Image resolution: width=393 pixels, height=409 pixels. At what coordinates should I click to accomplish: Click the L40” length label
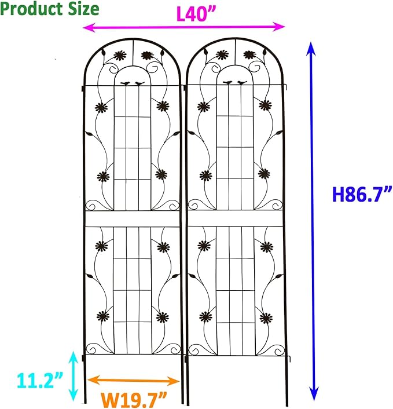pos(193,14)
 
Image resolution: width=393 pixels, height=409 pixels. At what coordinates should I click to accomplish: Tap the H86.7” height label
pos(362,194)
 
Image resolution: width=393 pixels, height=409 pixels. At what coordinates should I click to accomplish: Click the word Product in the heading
pos(28,9)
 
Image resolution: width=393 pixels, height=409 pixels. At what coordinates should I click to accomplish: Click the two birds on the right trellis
pos(234,83)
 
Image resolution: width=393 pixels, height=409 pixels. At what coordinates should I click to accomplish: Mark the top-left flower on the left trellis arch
pos(120,56)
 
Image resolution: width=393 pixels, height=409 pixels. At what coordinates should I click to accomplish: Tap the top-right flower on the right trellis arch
pos(250,55)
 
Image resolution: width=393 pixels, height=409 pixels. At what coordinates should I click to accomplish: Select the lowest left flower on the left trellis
pos(105,316)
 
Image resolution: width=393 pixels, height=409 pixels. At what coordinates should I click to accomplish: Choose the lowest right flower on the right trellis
pos(266,317)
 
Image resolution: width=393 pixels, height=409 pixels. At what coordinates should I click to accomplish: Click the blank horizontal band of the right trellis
pos(235,218)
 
